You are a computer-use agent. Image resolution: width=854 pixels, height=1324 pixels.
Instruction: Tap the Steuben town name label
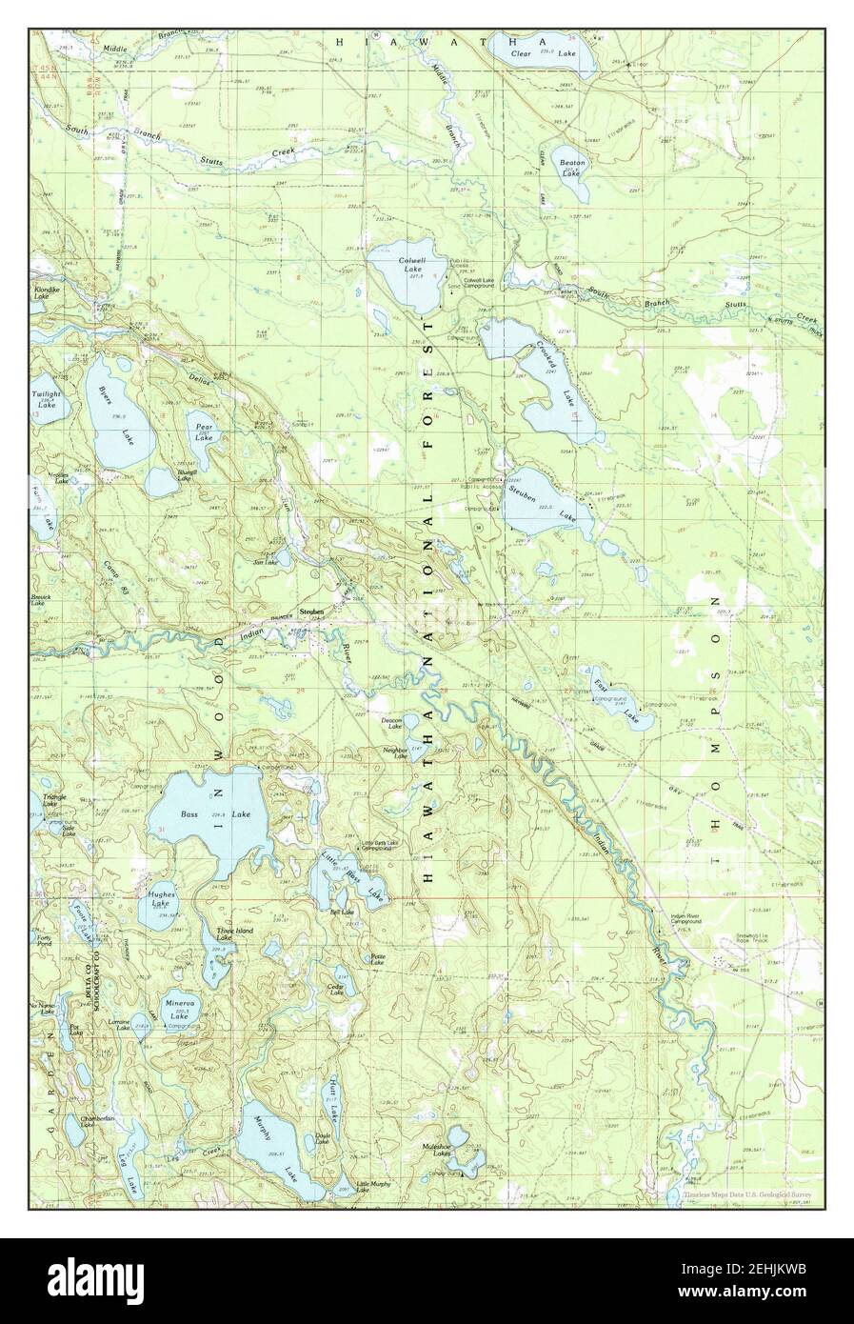tap(312, 612)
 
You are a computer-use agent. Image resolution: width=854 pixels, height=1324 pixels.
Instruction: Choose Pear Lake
tap(204, 433)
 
